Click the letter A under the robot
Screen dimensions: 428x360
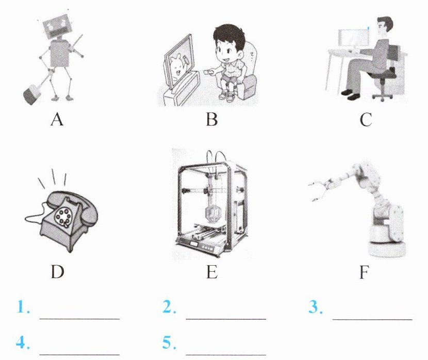[57, 119]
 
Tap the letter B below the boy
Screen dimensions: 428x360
[212, 119]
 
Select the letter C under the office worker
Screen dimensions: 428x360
[366, 119]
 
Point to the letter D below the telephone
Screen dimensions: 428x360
[58, 272]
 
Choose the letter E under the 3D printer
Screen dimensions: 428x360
[212, 272]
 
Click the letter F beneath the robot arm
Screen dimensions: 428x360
[365, 272]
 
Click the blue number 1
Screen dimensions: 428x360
[23, 306]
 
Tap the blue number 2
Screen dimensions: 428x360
[169, 306]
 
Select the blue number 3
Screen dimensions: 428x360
[316, 306]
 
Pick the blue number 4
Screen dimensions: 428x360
[23, 342]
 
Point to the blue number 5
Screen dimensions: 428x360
[169, 342]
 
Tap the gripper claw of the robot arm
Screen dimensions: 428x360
[319, 190]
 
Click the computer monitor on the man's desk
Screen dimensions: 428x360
[353, 38]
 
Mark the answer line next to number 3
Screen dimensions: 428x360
[372, 319]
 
